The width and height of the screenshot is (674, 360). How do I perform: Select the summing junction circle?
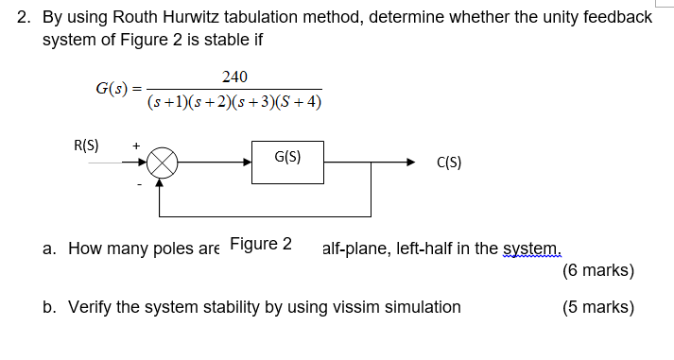pos(162,163)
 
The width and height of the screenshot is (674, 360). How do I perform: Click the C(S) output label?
pos(449,163)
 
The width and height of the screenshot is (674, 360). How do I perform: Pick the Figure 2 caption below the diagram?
pos(261,243)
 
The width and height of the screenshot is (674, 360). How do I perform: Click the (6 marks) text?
pos(597,270)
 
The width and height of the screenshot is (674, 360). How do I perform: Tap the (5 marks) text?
pos(597,307)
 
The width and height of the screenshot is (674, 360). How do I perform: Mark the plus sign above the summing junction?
pos(138,146)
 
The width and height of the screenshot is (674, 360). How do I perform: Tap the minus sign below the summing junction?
pos(140,184)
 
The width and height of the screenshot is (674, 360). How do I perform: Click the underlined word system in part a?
pos(531,249)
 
